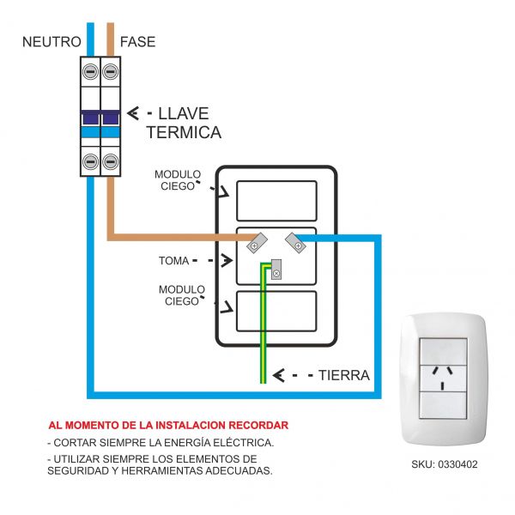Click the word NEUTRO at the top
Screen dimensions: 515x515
[51, 41]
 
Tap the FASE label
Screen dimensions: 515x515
[137, 41]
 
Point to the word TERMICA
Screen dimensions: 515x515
[184, 133]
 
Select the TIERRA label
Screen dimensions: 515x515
[343, 375]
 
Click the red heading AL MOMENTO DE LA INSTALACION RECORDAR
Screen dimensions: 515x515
[168, 425]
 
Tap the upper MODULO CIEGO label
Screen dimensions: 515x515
[178, 180]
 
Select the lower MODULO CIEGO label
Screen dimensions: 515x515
[182, 295]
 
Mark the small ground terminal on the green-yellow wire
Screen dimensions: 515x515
[276, 272]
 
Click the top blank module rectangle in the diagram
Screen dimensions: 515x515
[276, 200]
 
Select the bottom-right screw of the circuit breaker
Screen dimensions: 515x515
[110, 161]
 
